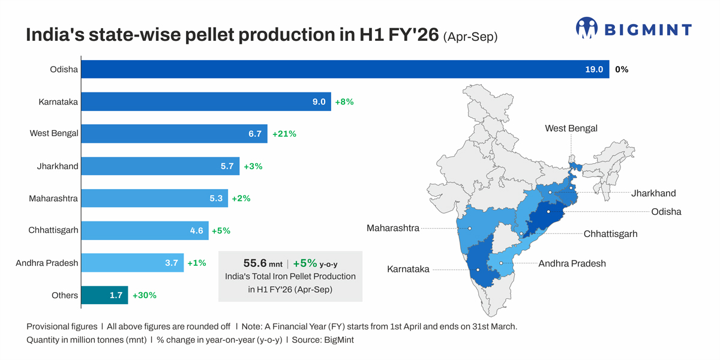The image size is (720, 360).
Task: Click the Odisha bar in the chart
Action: tap(345, 69)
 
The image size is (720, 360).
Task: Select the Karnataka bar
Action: tap(206, 101)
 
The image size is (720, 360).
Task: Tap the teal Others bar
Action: tap(104, 295)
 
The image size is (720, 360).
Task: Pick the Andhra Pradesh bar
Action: tap(131, 263)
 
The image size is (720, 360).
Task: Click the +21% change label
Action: tap(284, 134)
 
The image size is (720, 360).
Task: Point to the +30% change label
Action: tap(145, 295)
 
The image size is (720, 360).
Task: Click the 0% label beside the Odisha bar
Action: tap(622, 69)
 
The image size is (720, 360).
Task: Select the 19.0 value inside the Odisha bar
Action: tap(594, 69)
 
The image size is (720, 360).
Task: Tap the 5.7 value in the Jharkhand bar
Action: tap(227, 166)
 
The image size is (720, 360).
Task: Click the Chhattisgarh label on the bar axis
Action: tap(53, 230)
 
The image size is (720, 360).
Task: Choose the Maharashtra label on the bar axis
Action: tap(53, 198)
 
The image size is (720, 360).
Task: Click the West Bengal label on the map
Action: tap(571, 128)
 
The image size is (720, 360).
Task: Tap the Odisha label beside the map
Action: tap(666, 212)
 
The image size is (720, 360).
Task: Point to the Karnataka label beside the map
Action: tap(408, 269)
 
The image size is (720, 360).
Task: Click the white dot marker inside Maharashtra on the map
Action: tap(470, 229)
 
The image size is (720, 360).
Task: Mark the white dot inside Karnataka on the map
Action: tap(478, 269)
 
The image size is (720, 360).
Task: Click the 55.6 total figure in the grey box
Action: tap(255, 263)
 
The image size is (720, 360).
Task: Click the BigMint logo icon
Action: tap(586, 28)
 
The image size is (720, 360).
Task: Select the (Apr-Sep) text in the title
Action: tap(470, 37)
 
